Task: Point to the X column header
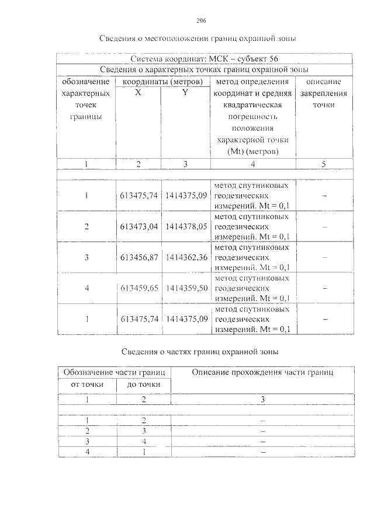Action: tap(138, 93)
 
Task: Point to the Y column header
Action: tap(185, 93)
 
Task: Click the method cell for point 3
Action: tap(252, 257)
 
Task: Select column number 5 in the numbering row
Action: tap(323, 165)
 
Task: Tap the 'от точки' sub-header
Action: tap(87, 385)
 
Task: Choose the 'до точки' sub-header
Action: tap(144, 385)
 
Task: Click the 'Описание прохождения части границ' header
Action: tap(262, 372)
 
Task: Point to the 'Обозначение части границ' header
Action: tap(115, 372)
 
